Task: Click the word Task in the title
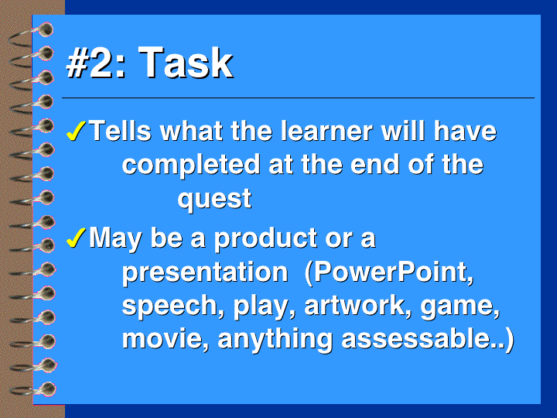(186, 63)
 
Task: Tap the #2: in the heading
(96, 63)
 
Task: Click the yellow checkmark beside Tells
(76, 131)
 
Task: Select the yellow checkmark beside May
(76, 238)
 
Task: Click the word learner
(326, 131)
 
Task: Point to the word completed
(191, 164)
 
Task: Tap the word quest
(214, 198)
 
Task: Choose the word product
(265, 238)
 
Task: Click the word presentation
(205, 272)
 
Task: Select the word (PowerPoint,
(389, 272)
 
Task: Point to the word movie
(166, 338)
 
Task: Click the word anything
(275, 339)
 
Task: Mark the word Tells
(120, 131)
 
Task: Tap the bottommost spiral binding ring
(33, 389)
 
